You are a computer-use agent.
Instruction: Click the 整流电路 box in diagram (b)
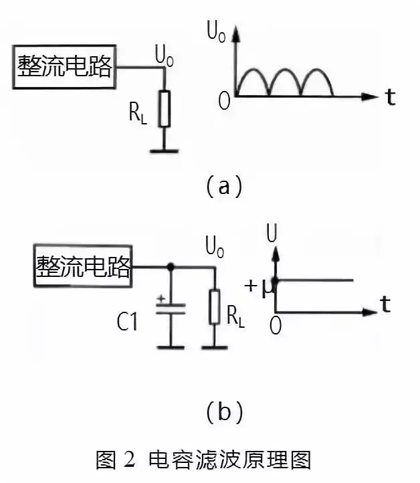click(x=83, y=268)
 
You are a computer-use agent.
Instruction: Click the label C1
click(x=126, y=324)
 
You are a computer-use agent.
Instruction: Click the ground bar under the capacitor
click(x=171, y=347)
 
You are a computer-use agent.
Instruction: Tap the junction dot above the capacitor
click(x=171, y=268)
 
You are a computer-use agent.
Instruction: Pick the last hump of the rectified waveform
click(x=317, y=82)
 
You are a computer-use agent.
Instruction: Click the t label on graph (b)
click(x=386, y=305)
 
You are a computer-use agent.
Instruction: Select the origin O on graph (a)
click(x=224, y=102)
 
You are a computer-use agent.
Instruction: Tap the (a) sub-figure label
click(x=223, y=185)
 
